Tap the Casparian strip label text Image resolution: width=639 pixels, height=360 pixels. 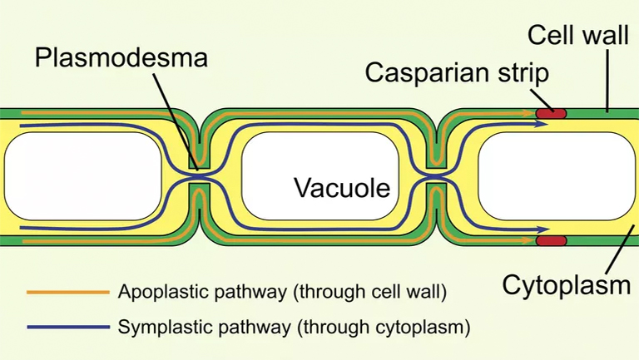[x=456, y=72]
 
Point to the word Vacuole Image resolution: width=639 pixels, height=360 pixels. [x=341, y=188]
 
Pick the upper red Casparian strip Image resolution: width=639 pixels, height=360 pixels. [x=550, y=111]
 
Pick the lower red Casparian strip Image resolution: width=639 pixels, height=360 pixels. [x=550, y=241]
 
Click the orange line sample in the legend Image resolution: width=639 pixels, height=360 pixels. [x=67, y=292]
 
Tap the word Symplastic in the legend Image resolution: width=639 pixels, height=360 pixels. [x=158, y=325]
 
